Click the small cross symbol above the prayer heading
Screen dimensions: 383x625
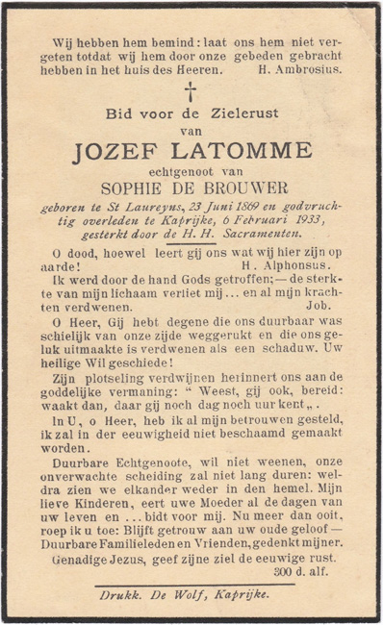coord(191,92)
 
